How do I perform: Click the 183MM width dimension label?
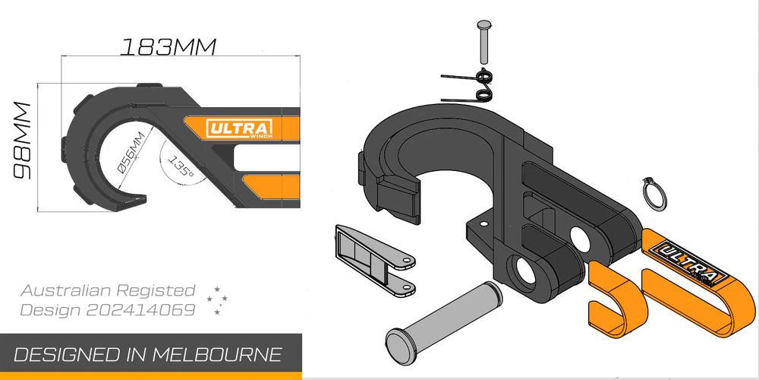coord(168,46)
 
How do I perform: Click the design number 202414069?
coord(140,310)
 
